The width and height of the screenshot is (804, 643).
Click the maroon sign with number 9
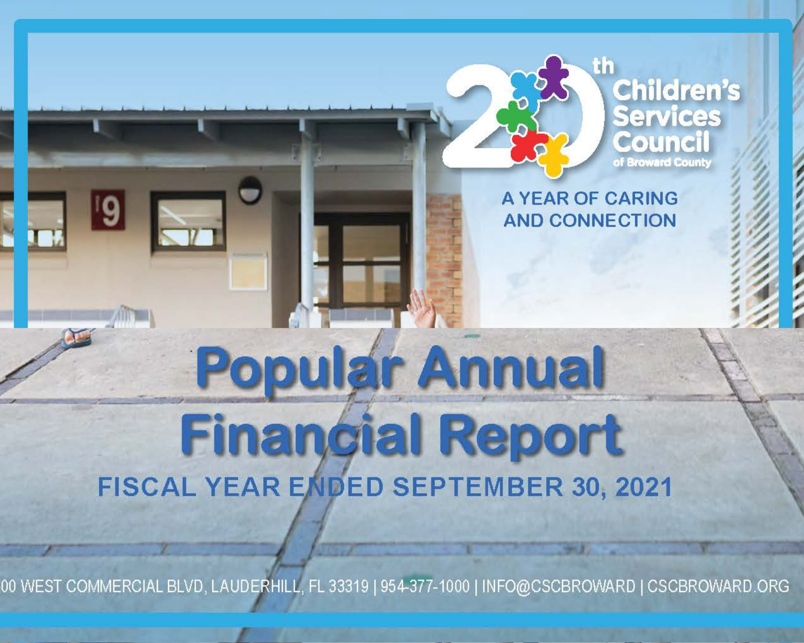[x=108, y=210]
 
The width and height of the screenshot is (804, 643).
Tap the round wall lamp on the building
[x=250, y=190]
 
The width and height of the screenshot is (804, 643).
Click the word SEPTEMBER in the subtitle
[x=478, y=487]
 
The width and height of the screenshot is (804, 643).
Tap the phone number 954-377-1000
[x=425, y=586]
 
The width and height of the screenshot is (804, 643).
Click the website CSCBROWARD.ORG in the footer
[x=718, y=586]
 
